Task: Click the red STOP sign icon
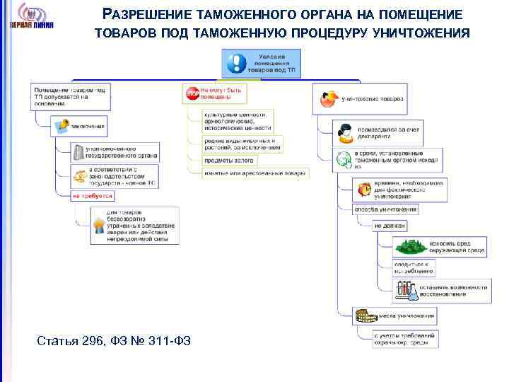pyautogui.click(x=192, y=92)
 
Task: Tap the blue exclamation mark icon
pyautogui.click(x=235, y=64)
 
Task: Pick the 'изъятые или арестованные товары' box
pyautogui.click(x=255, y=173)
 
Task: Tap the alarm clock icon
pyautogui.click(x=364, y=190)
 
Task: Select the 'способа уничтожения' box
pyautogui.click(x=385, y=209)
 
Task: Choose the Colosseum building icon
pyautogui.click(x=364, y=316)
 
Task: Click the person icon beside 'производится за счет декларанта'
pyautogui.click(x=344, y=131)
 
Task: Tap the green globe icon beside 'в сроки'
pyautogui.click(x=344, y=160)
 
